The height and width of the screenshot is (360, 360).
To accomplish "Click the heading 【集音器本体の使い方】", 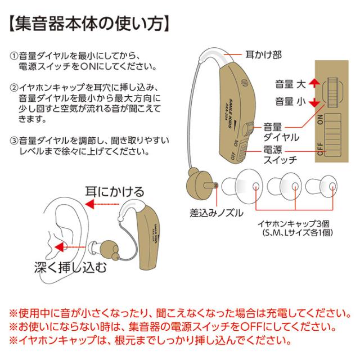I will pos(90,25).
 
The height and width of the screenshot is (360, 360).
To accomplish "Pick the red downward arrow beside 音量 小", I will pos(315,102).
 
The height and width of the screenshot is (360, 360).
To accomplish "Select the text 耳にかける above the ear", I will pos(114,192).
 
